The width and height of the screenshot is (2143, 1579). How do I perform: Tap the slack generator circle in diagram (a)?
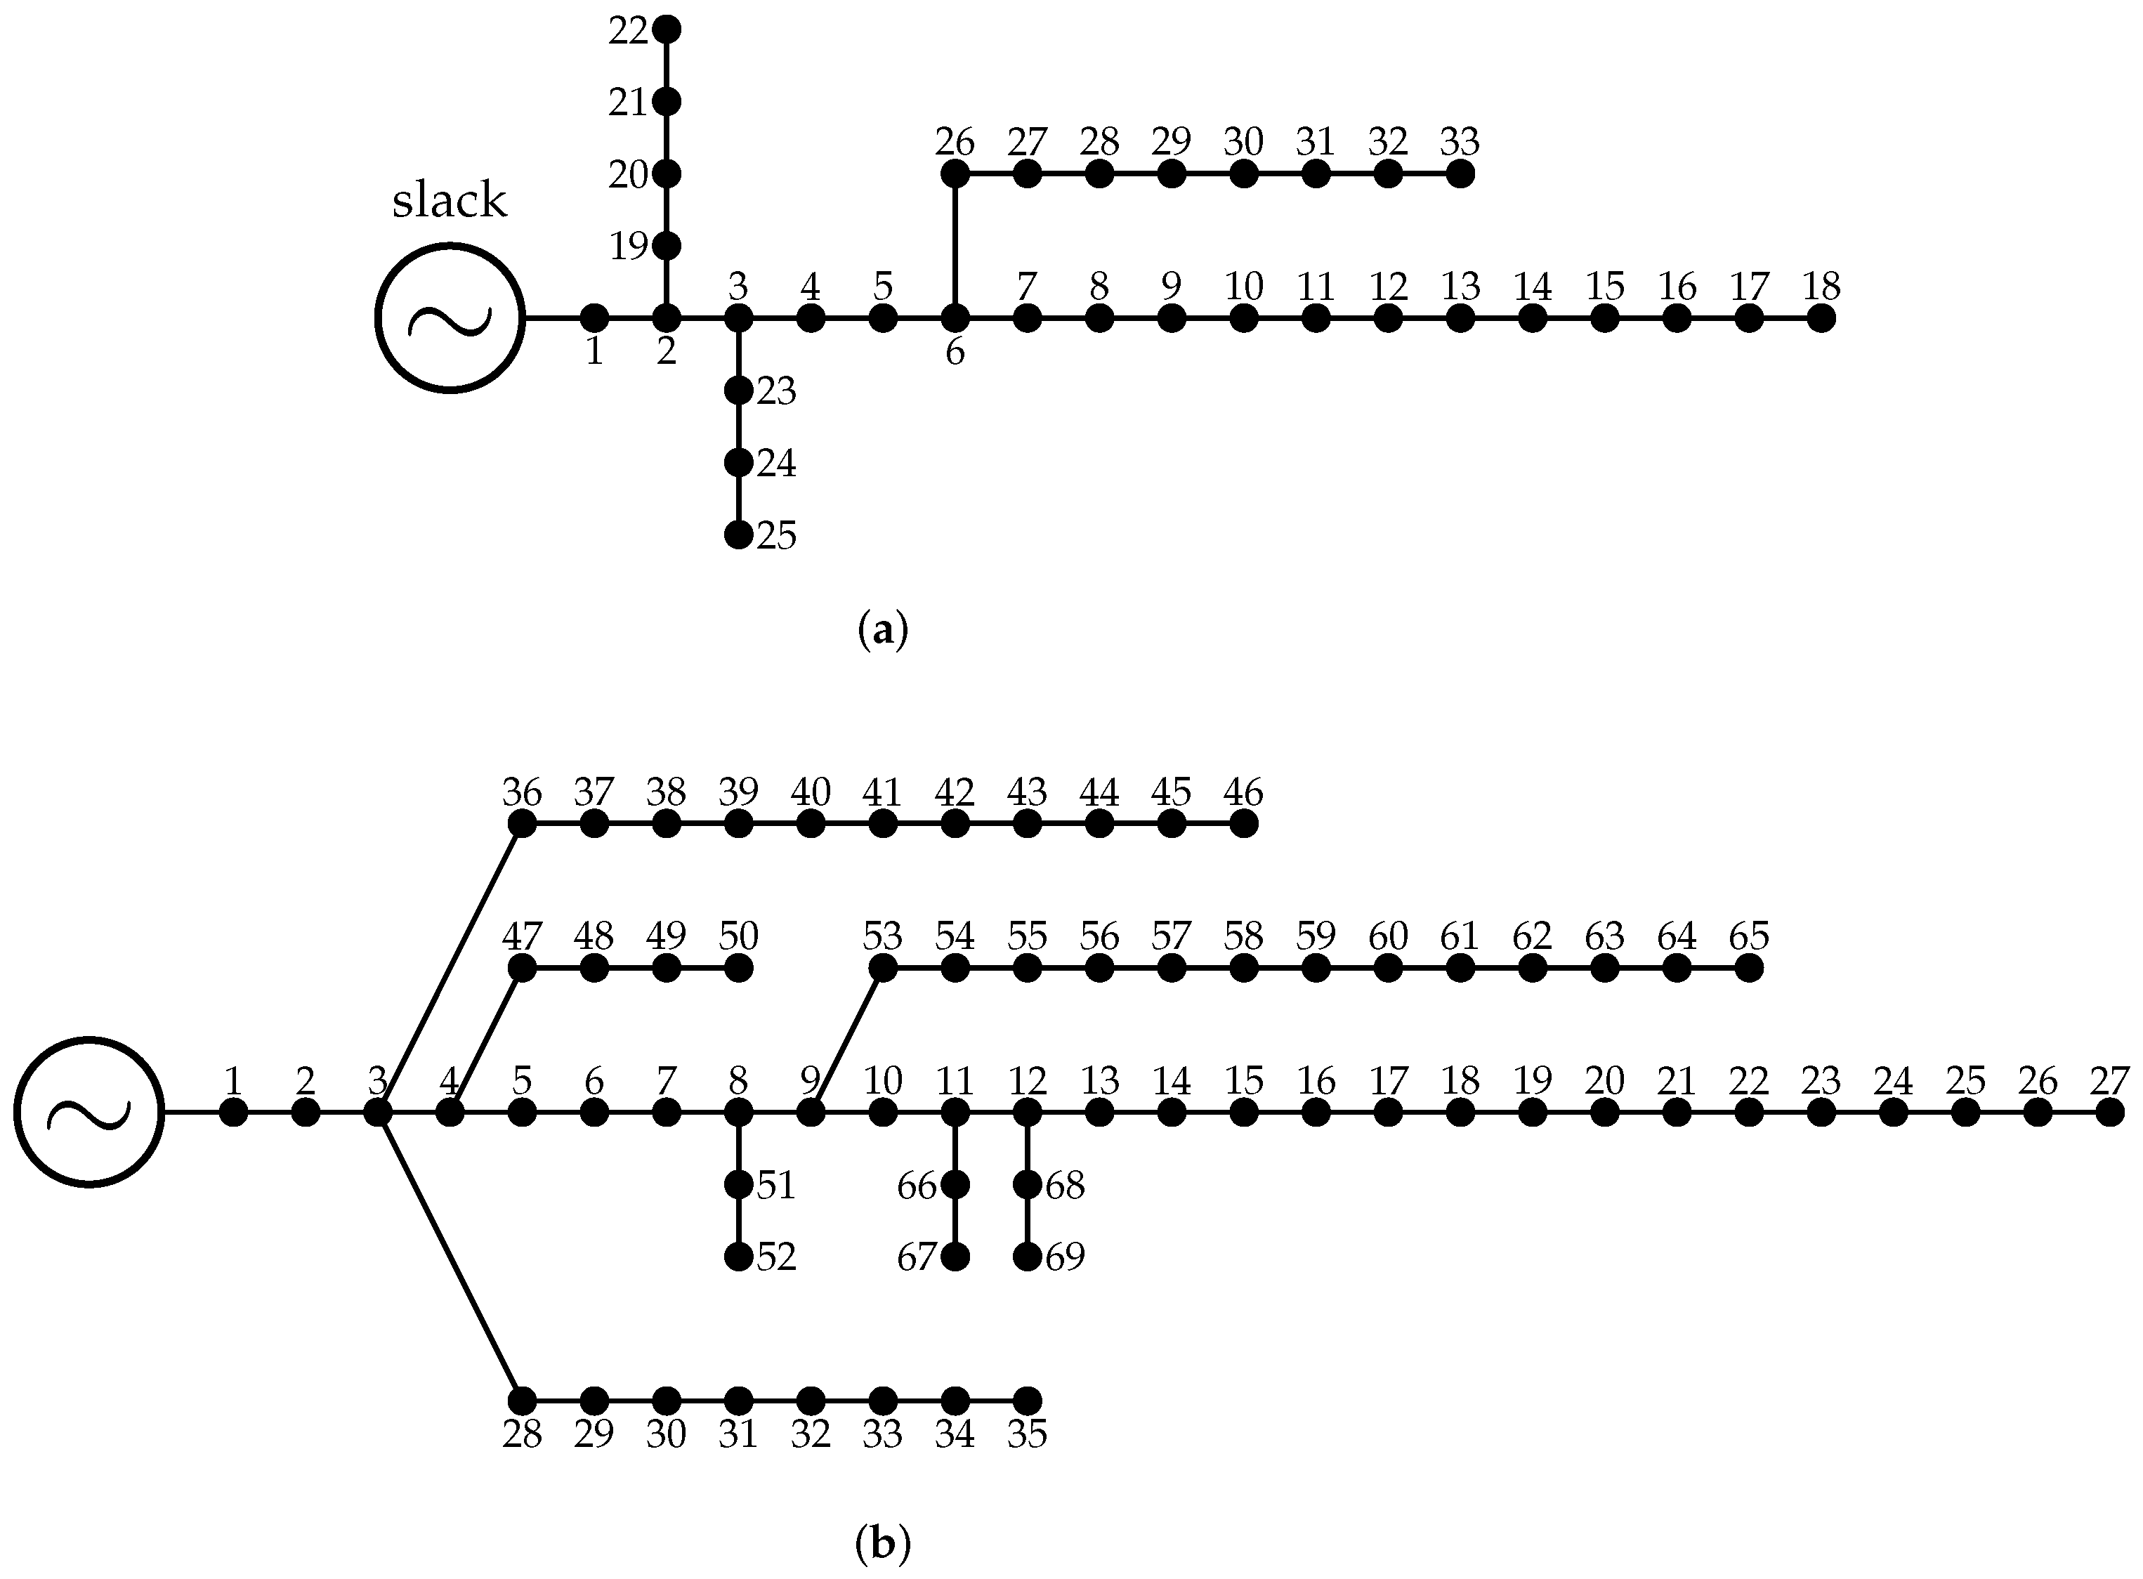450,318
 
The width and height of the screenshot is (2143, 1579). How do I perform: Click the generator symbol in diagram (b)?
89,1112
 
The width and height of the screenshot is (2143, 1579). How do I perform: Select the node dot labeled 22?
667,30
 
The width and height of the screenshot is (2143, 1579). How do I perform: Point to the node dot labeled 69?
1027,1257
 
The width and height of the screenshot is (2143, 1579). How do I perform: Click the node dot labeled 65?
1748,968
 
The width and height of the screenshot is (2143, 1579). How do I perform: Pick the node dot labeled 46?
1243,823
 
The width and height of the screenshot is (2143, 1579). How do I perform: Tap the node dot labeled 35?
1027,1401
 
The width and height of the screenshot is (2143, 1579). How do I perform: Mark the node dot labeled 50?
738,968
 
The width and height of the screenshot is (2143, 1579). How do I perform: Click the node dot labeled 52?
738,1257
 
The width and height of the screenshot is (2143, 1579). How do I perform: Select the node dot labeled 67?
955,1257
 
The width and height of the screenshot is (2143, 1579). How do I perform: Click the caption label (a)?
882,631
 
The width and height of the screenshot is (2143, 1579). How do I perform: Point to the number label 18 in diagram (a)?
1821,286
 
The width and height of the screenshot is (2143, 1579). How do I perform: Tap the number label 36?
522,792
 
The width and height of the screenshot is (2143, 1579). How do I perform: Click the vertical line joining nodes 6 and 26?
954,247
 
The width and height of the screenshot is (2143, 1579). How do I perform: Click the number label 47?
522,936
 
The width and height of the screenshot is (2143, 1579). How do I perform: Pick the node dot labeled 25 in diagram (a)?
738,535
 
